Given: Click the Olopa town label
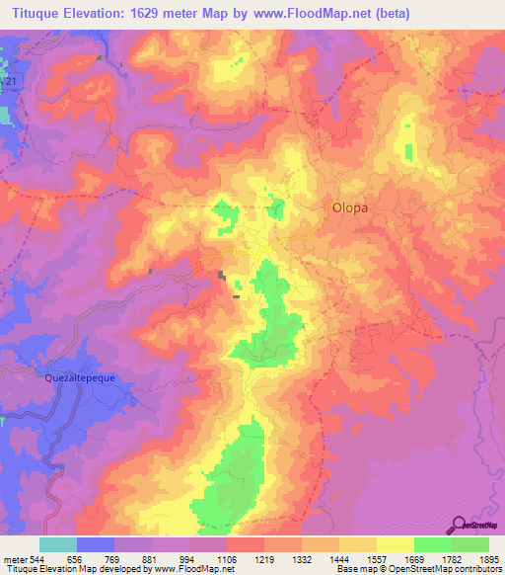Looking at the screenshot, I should click(349, 207).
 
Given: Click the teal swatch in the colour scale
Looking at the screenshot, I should click(58, 544).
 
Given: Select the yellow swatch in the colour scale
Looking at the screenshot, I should click(396, 544).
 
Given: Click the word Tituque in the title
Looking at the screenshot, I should click(33, 13).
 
